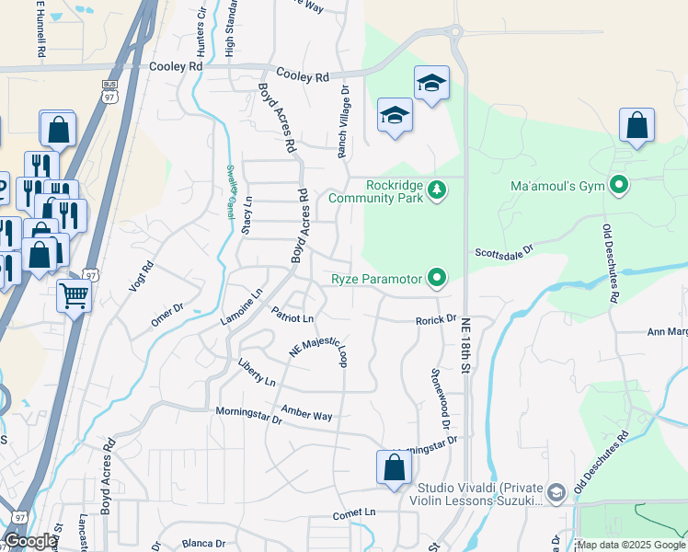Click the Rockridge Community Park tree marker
[439, 190]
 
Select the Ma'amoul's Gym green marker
[619, 186]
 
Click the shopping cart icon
[74, 296]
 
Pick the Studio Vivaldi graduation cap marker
[556, 493]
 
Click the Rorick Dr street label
[436, 319]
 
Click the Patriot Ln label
[292, 316]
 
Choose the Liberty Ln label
[257, 374]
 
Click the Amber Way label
[306, 416]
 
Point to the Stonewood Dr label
[439, 400]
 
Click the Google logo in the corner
[30, 542]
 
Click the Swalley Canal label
[233, 192]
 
